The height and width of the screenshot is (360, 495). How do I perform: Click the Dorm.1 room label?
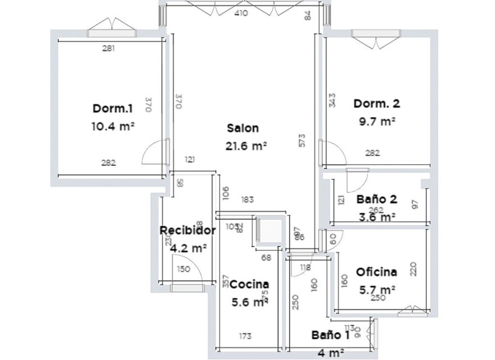pos(112,108)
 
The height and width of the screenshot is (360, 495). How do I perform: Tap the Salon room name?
pos(243,128)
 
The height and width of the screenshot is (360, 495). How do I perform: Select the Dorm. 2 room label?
pos(376,103)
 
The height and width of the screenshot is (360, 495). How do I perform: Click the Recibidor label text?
pos(187,230)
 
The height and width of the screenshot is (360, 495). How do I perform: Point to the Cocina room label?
pos(249,285)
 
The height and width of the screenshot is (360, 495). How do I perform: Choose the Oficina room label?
pos(376,272)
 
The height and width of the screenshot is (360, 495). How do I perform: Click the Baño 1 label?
pos(331,335)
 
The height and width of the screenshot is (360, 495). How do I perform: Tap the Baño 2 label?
pos(377,199)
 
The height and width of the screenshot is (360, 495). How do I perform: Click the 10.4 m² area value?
pos(112,126)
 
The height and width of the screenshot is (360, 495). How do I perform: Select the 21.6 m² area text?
pos(246,146)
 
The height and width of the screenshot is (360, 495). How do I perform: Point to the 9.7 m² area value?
pos(377,121)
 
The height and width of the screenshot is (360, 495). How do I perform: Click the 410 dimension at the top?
pos(241,13)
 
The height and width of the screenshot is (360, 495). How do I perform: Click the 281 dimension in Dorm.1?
pos(109,48)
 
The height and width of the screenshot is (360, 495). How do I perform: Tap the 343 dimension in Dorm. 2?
pos(332,100)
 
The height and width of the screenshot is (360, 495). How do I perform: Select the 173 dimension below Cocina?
pos(245,336)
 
